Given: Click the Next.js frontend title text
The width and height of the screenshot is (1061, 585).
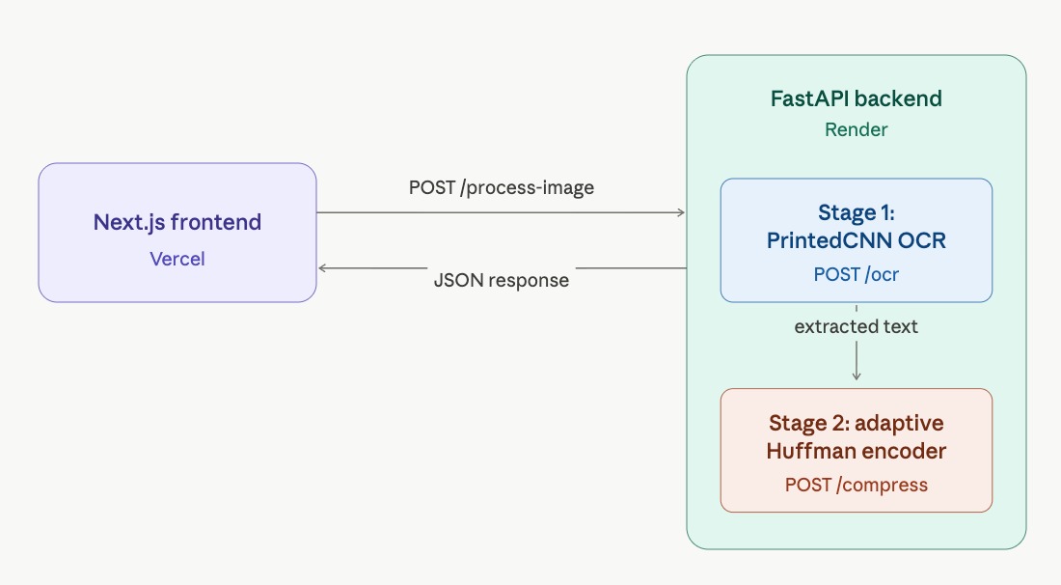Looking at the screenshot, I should (x=177, y=222).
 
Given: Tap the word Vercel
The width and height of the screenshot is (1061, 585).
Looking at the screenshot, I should (x=177, y=259).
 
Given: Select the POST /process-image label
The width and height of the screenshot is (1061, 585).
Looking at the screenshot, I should (x=501, y=187).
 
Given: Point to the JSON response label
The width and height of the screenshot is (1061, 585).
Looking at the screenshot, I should (x=501, y=280).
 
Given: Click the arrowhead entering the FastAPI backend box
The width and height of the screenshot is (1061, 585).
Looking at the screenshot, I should (x=681, y=212).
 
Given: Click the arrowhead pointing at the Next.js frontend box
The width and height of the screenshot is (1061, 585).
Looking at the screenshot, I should (x=323, y=267).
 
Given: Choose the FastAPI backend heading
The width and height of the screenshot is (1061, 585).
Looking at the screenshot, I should (x=856, y=98).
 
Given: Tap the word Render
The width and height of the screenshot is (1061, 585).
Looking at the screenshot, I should (x=856, y=129).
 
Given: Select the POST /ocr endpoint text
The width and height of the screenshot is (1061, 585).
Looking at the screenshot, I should (x=856, y=274).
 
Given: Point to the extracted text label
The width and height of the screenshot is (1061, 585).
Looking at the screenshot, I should (x=856, y=326).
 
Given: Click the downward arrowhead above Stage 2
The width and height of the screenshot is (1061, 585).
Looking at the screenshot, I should (x=857, y=376).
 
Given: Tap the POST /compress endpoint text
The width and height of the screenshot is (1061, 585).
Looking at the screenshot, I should (x=856, y=485).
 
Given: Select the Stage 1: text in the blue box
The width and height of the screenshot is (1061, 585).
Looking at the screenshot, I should (x=856, y=212).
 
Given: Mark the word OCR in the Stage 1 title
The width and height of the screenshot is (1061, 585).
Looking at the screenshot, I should (x=919, y=240).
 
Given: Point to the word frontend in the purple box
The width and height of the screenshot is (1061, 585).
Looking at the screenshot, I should (x=218, y=222).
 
